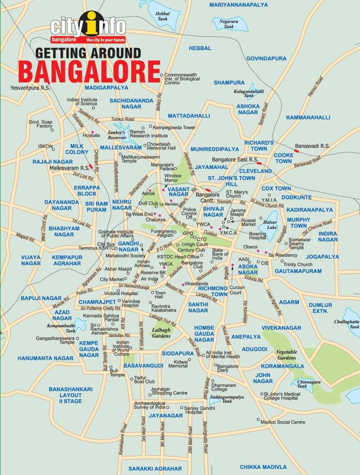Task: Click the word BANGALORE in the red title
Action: click(89, 70)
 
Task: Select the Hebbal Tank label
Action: click(162, 17)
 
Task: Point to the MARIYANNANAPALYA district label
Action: click(238, 5)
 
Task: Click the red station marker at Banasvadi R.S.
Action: click(297, 151)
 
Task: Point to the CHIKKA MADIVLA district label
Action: click(263, 467)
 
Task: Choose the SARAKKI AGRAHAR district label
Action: click(155, 468)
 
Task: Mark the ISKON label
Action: click(46, 146)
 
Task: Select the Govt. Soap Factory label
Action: click(41, 124)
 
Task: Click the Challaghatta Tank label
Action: click(347, 325)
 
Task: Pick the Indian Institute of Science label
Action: click(82, 102)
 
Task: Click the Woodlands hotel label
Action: click(196, 284)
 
